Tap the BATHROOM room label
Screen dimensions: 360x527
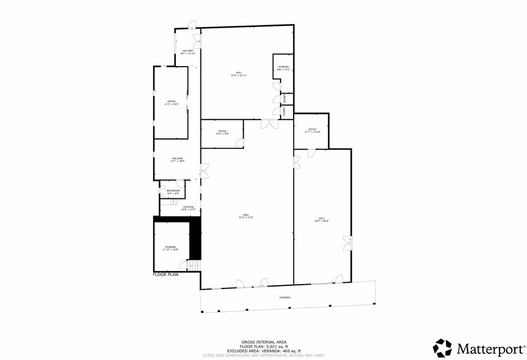[173, 192]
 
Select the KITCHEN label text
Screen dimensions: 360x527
[188, 208]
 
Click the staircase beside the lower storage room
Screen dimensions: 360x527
[193, 265]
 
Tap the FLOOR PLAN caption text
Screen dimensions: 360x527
[165, 276]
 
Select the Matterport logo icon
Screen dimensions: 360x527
[443, 347]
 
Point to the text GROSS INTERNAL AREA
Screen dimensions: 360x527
[264, 342]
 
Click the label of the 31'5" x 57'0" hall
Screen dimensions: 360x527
[245, 216]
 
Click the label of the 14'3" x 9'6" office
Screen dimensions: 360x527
[222, 132]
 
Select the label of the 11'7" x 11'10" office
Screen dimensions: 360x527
[312, 130]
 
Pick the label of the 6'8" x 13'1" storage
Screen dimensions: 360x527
[283, 68]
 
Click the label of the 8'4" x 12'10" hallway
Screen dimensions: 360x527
[188, 52]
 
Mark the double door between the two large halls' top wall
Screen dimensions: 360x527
[268, 124]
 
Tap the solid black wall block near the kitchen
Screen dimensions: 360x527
[195, 239]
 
